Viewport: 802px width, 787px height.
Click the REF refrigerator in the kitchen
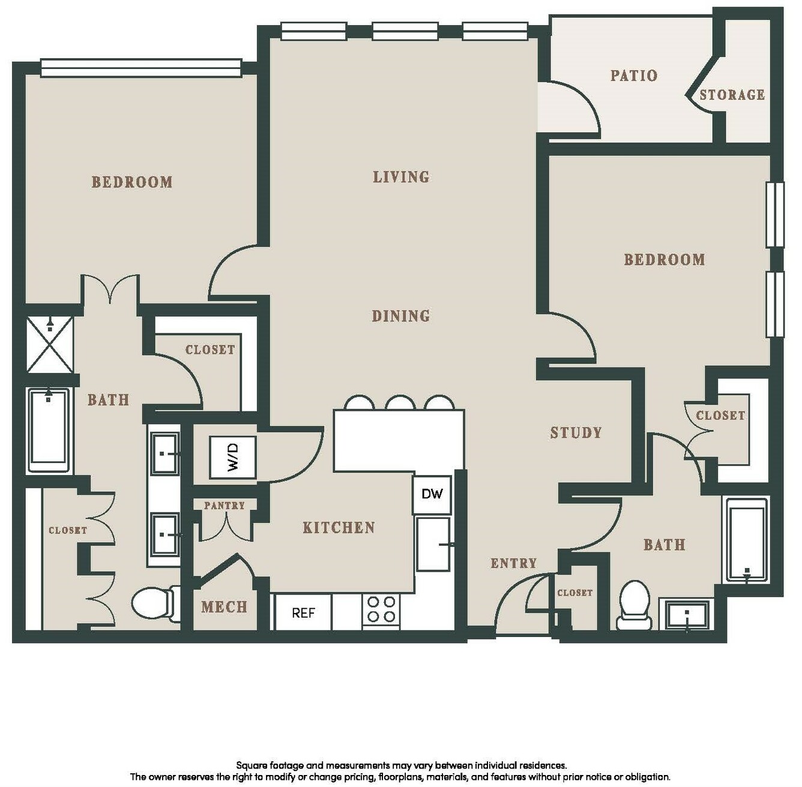tap(303, 612)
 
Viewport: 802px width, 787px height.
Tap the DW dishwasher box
tap(432, 494)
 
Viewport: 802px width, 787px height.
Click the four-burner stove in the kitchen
tap(381, 610)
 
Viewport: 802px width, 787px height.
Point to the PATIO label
tap(634, 76)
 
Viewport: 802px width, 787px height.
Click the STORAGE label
tap(732, 95)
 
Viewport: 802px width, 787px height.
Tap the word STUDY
tap(576, 432)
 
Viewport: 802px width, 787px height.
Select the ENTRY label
tap(514, 563)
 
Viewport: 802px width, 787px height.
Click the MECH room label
tap(225, 607)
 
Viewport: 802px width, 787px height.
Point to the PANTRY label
tap(225, 506)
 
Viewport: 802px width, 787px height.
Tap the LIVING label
tap(401, 177)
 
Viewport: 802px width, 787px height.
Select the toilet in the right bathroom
tap(635, 605)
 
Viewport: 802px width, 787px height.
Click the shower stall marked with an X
tap(50, 345)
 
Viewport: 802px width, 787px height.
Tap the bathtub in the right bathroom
tap(747, 540)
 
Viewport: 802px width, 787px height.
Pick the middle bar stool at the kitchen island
tap(401, 403)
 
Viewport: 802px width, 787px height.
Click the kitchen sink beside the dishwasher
tap(433, 544)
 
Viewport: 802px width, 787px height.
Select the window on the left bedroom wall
tap(141, 68)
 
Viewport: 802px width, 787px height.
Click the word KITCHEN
tap(339, 528)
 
